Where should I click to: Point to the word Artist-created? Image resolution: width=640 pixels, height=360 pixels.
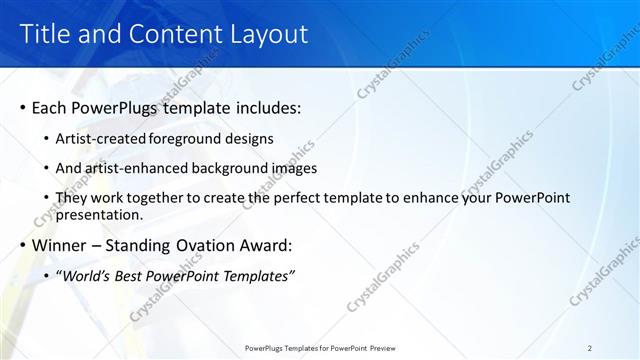pyautogui.click(x=100, y=138)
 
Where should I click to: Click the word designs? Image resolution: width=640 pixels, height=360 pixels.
pyautogui.click(x=251, y=138)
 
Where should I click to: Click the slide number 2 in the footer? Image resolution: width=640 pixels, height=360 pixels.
pyautogui.click(x=590, y=348)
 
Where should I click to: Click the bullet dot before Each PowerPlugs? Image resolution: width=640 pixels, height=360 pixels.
pyautogui.click(x=22, y=107)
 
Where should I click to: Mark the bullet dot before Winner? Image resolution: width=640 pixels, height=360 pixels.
pyautogui.click(x=22, y=245)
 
